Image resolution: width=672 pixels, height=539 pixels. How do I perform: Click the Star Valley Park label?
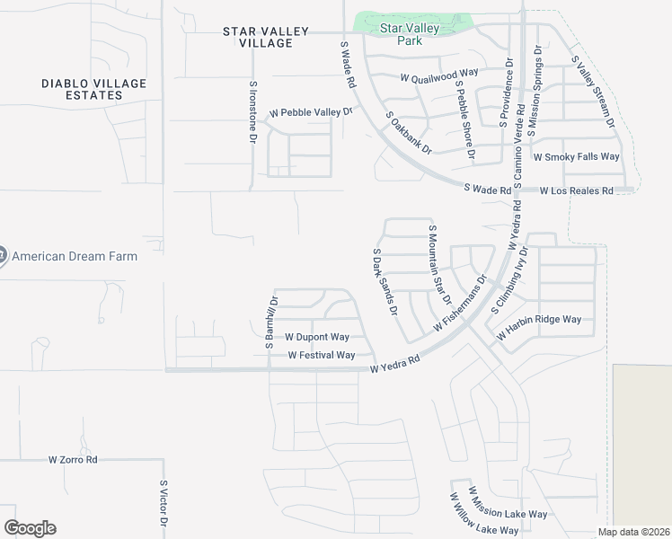pyautogui.click(x=410, y=34)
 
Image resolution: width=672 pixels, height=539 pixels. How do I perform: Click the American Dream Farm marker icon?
pyautogui.click(x=2, y=256)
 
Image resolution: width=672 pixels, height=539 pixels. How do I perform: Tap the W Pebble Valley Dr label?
pyautogui.click(x=312, y=113)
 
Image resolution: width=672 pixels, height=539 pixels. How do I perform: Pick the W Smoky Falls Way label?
pyautogui.click(x=576, y=156)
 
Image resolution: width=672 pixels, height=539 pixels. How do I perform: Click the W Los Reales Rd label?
pyautogui.click(x=576, y=190)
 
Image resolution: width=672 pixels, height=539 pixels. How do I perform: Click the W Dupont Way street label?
pyautogui.click(x=316, y=337)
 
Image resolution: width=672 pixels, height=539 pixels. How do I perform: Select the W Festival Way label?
pyautogui.click(x=321, y=356)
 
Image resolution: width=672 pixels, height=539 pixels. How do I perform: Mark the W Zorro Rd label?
pyautogui.click(x=73, y=459)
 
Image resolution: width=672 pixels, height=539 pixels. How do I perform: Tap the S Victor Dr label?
pyautogui.click(x=164, y=504)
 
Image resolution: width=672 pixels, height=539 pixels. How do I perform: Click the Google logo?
pyautogui.click(x=30, y=528)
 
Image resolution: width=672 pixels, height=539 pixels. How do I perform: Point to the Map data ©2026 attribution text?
pyautogui.click(x=633, y=532)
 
